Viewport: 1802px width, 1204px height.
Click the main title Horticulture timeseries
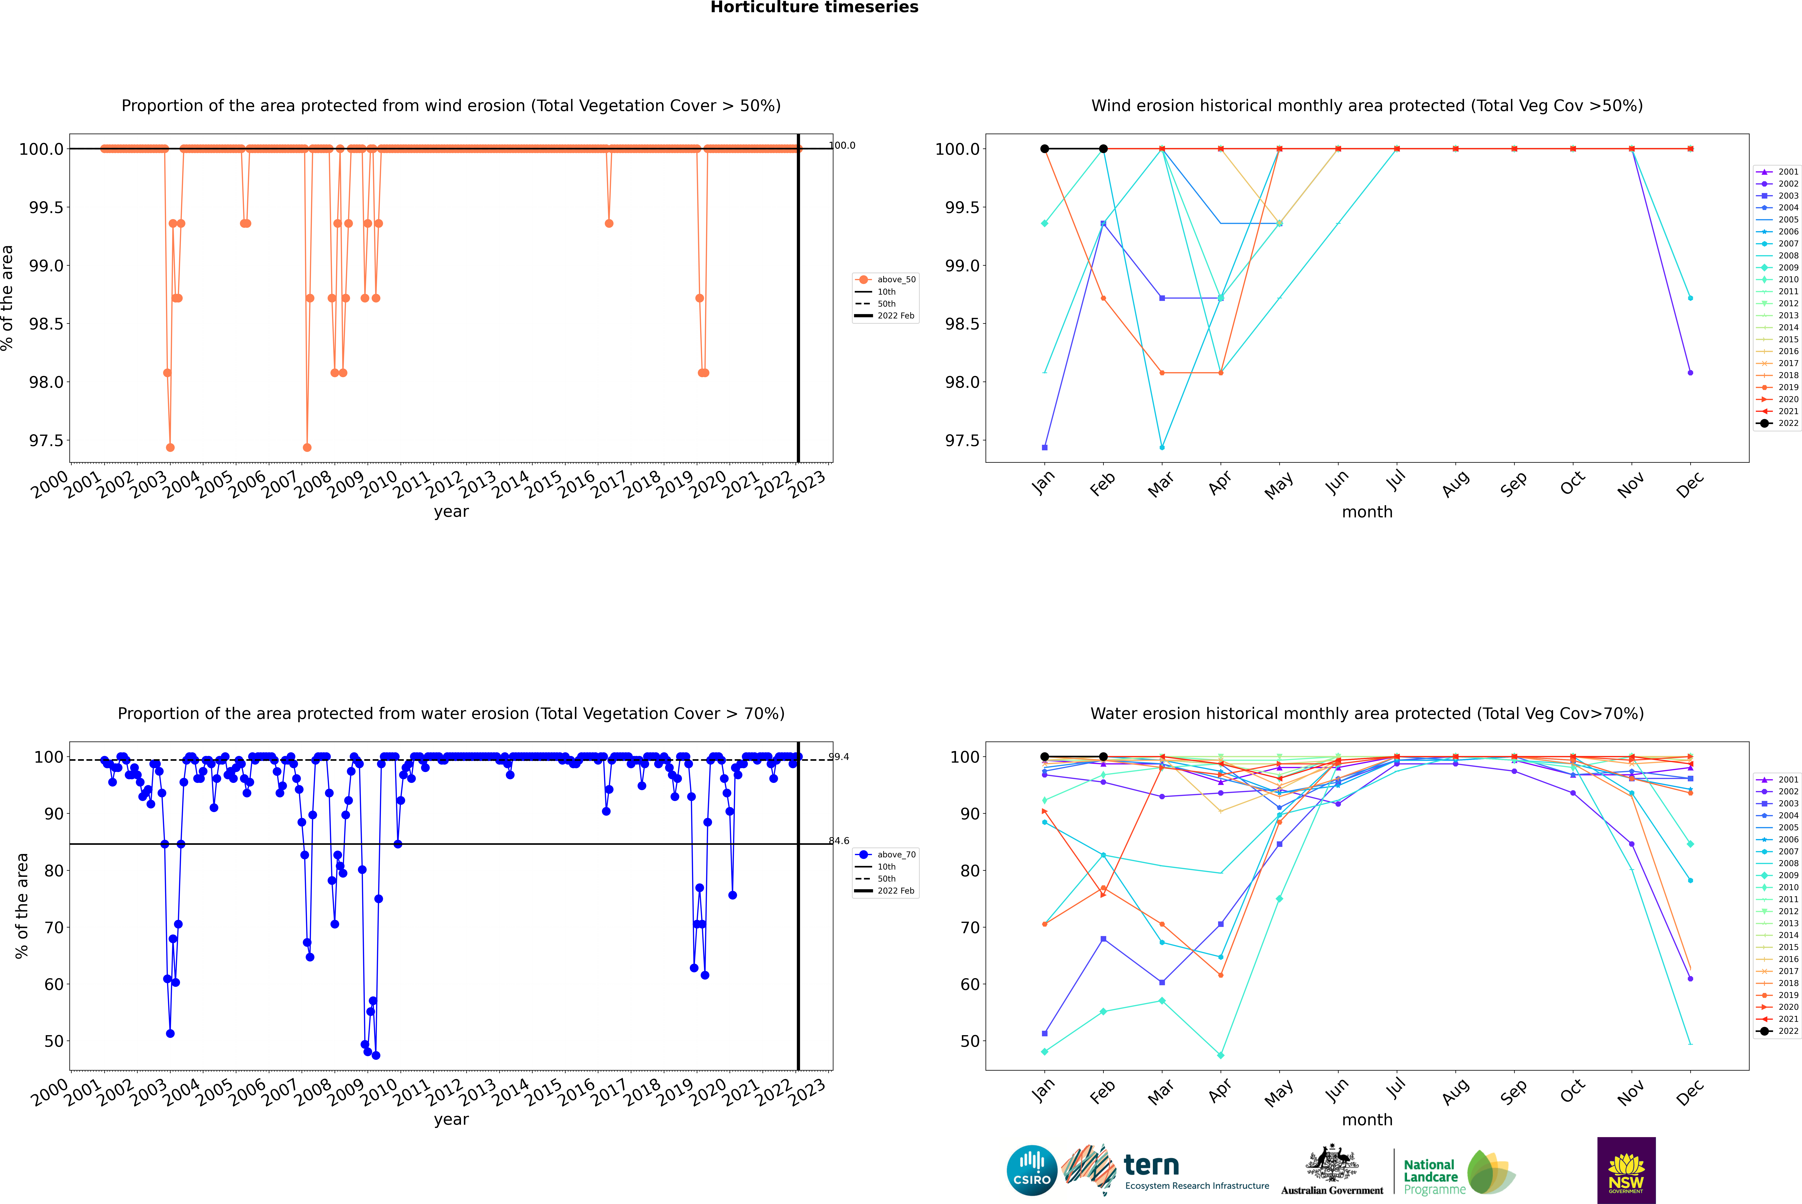pos(814,8)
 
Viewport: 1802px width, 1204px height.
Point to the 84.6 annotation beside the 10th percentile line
pos(839,841)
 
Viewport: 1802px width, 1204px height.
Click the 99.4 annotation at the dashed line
pos(839,757)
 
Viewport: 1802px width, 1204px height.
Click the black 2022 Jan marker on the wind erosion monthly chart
pos(1045,149)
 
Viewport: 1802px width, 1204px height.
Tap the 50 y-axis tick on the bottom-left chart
pos(54,1041)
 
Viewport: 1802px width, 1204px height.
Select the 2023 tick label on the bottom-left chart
pos(808,1092)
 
